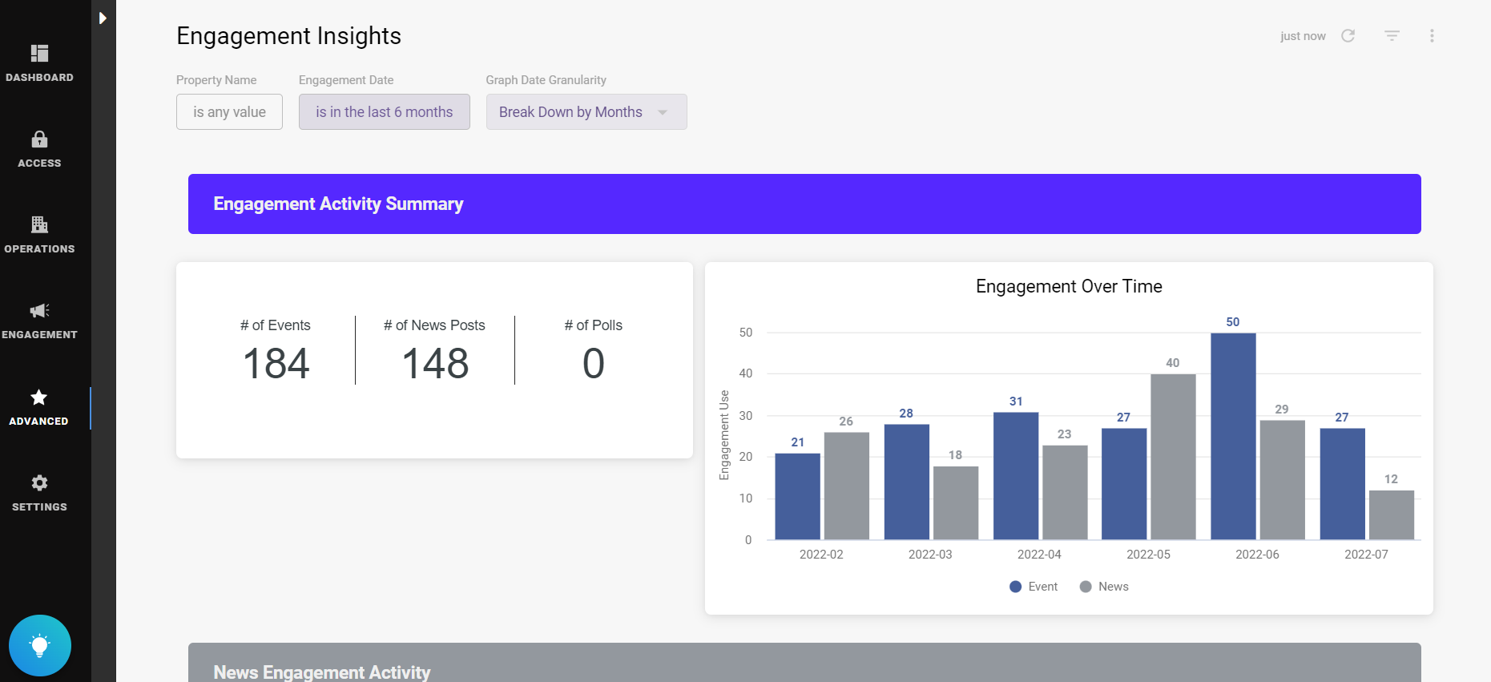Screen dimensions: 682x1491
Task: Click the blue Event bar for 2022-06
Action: (1233, 436)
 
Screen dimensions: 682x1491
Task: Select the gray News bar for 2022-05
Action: (1173, 457)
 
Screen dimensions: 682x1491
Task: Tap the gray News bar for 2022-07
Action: (1391, 515)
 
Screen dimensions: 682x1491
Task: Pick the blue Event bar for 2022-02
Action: (797, 496)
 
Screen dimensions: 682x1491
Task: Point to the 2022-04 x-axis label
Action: (1039, 555)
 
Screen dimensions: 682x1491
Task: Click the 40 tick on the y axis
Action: (746, 373)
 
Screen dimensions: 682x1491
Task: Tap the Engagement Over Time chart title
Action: (1069, 287)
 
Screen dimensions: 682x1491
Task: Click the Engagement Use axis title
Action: (724, 435)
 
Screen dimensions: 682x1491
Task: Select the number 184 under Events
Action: (276, 363)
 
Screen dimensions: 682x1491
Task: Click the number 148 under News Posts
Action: (435, 363)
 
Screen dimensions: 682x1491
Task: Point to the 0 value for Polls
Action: (593, 363)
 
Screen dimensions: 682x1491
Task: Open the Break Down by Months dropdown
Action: (586, 112)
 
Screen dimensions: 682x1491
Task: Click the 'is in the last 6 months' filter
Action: (384, 112)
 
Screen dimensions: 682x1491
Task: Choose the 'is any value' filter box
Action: (229, 112)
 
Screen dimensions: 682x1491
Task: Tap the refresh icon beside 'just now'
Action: (1348, 36)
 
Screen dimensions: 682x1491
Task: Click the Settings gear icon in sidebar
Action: (39, 482)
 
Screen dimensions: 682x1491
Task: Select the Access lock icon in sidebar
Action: (39, 139)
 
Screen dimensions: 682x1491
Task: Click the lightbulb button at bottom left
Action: (40, 645)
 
